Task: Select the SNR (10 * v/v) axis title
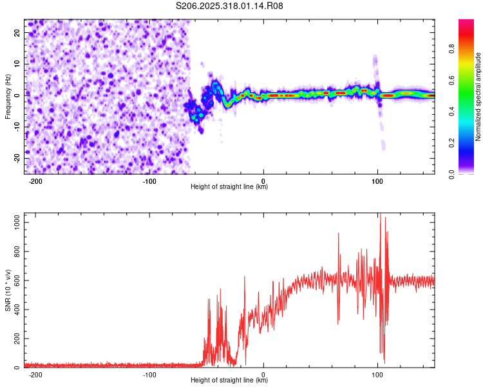pos(8,290)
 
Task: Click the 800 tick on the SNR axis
pos(16,251)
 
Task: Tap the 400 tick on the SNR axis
pos(16,310)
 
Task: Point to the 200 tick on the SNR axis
pos(16,339)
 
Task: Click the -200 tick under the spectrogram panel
pos(36,181)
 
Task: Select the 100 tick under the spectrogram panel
pos(377,181)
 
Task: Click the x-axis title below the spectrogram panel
pos(229,187)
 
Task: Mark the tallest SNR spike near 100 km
pos(380,215)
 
